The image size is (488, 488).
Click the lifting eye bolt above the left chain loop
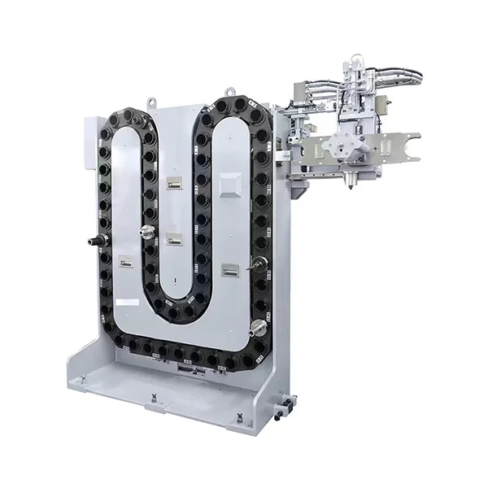point(151,102)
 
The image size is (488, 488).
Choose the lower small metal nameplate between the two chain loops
point(173,238)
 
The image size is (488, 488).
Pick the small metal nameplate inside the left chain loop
point(125,262)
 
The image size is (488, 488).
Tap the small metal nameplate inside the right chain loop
point(230,268)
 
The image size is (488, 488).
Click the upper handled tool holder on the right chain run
point(259,262)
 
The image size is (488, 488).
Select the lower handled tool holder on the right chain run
point(258,327)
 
